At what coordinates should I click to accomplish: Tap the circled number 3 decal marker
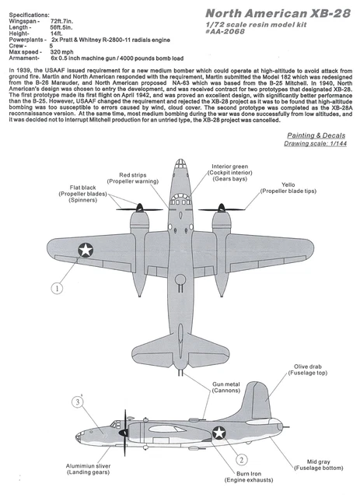click(x=77, y=402)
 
